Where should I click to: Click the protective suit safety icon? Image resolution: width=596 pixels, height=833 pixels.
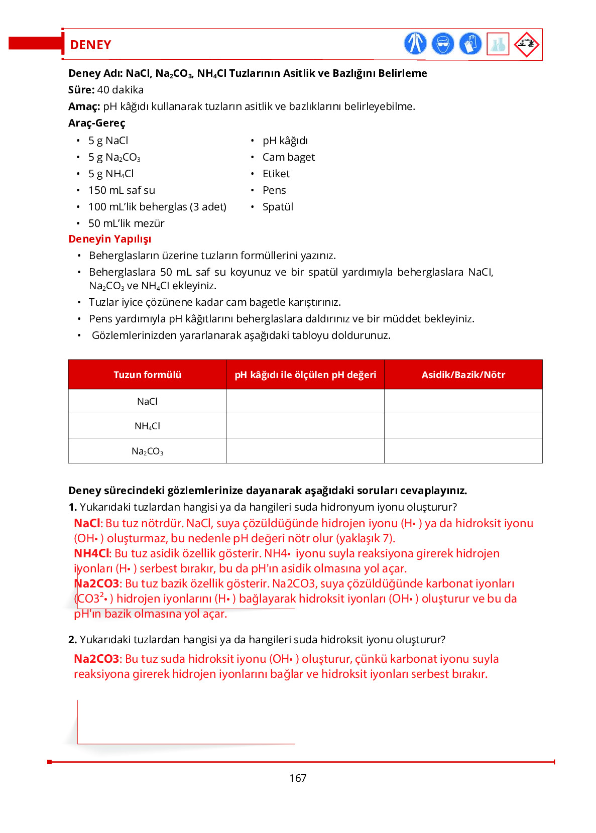click(x=415, y=44)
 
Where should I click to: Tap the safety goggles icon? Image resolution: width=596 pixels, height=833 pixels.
click(x=442, y=44)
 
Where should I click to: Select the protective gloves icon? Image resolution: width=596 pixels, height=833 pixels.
click(x=470, y=44)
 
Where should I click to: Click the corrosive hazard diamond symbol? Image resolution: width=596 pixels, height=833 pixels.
click(x=526, y=44)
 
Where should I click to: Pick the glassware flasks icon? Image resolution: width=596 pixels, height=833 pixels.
click(x=498, y=44)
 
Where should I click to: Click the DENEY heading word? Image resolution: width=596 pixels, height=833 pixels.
click(x=90, y=45)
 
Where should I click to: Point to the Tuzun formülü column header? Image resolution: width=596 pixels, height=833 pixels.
click(x=147, y=375)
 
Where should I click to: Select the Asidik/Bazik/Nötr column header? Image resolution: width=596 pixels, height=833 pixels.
click(x=463, y=375)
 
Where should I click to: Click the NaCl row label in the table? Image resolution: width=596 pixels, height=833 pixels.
click(x=147, y=401)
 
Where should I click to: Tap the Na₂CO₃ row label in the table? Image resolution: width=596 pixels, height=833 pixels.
click(x=147, y=451)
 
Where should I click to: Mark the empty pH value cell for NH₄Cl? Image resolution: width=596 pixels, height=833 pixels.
click(x=305, y=426)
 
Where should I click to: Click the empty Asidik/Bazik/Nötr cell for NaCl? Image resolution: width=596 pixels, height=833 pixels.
click(x=463, y=401)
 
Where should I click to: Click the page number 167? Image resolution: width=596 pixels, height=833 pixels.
click(x=298, y=778)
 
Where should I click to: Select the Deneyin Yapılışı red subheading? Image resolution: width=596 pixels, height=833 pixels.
click(x=109, y=239)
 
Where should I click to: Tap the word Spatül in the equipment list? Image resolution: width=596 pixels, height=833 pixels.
click(x=278, y=207)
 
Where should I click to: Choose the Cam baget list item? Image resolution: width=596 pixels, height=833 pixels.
click(x=289, y=157)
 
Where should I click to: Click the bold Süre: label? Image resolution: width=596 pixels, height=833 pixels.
click(x=81, y=90)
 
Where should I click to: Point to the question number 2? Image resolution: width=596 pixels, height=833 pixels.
click(x=72, y=640)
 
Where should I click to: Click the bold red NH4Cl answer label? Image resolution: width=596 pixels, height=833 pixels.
click(x=91, y=553)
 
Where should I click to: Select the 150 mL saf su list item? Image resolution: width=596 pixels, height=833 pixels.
click(x=122, y=190)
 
